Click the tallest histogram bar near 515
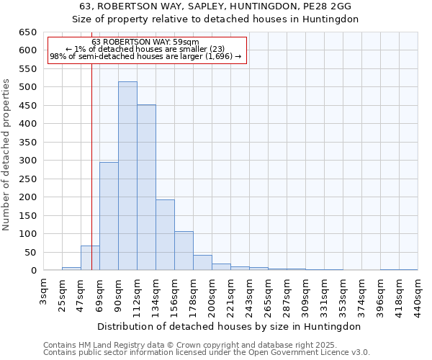click(x=127, y=176)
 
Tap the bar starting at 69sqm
click(x=109, y=216)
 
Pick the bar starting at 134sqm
click(x=165, y=235)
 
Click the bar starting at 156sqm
click(x=184, y=251)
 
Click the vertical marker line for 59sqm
click(x=92, y=158)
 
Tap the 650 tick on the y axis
click(x=28, y=32)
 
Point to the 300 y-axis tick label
click(x=28, y=161)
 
